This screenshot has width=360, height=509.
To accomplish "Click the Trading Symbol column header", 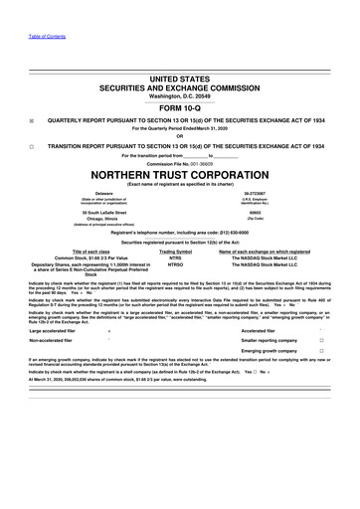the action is point(176,253).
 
